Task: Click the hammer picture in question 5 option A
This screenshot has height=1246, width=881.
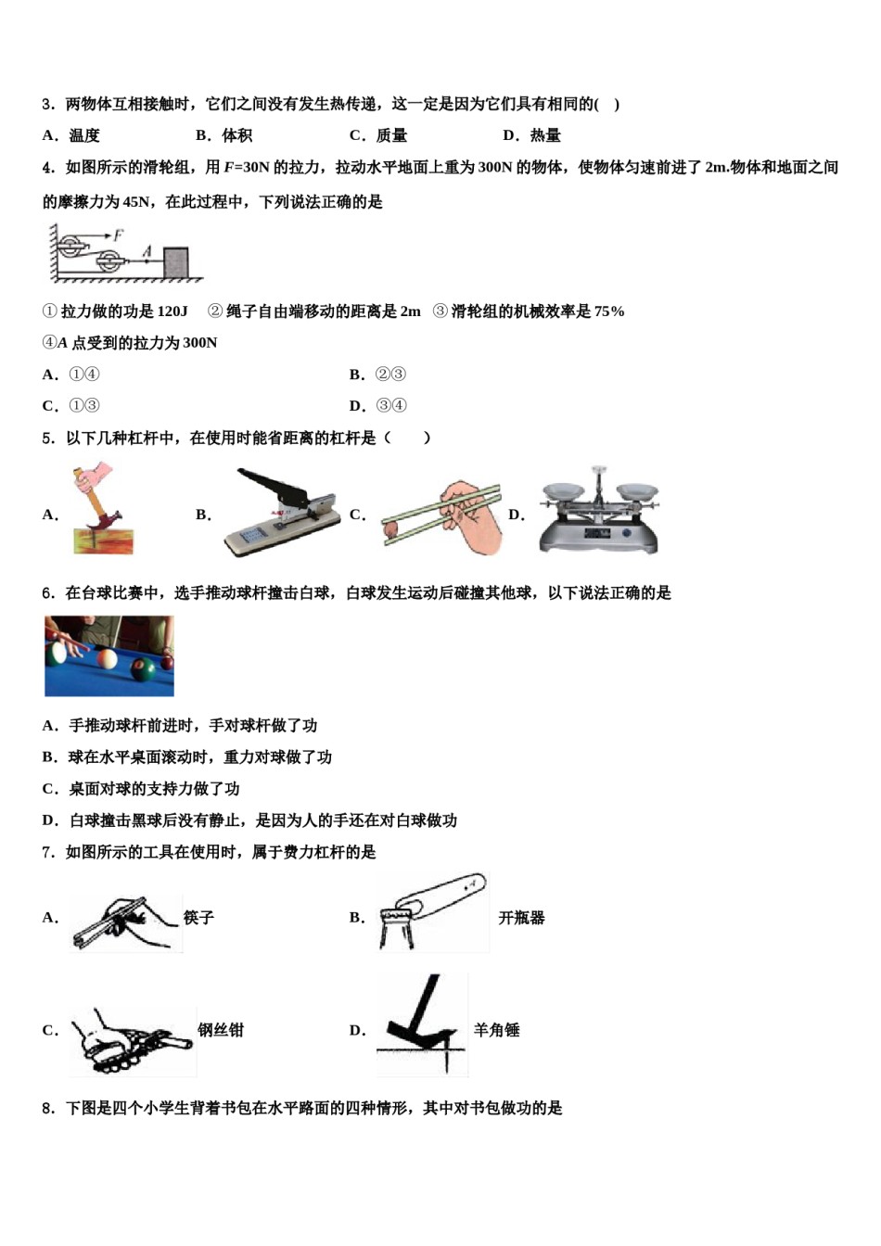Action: [102, 511]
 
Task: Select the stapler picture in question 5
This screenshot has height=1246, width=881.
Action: [282, 513]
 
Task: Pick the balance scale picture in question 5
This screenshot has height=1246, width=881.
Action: [599, 511]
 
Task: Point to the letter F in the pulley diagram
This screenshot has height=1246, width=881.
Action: [120, 235]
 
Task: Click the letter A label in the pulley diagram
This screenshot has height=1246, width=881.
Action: [146, 250]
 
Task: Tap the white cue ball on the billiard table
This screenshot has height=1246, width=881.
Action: [107, 659]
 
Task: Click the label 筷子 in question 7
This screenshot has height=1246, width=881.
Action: [198, 918]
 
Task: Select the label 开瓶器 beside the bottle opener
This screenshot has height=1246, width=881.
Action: [521, 918]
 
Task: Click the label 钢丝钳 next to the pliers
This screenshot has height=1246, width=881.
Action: [221, 1030]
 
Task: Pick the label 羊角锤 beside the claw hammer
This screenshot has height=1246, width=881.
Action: [496, 1030]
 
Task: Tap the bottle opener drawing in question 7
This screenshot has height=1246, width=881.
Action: [432, 913]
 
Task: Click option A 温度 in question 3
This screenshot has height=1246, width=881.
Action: [83, 135]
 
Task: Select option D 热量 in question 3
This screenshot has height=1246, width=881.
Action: [543, 135]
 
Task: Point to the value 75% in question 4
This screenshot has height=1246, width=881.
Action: [609, 311]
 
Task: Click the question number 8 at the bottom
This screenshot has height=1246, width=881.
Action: [47, 1108]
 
